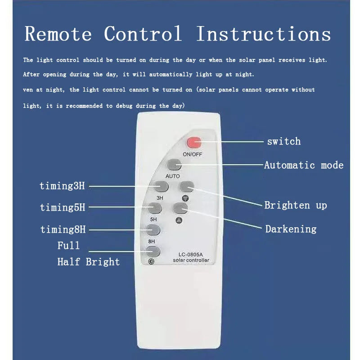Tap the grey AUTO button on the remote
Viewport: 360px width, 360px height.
coord(174,165)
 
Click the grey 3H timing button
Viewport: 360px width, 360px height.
coord(161,186)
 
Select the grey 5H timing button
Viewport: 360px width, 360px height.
coord(155,208)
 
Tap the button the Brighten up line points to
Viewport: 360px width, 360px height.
coord(187,186)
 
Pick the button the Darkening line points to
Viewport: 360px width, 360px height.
coord(180,208)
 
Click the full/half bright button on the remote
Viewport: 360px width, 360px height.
coord(153,252)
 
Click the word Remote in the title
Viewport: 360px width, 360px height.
coord(58,34)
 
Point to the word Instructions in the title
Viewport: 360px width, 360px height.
coord(264,34)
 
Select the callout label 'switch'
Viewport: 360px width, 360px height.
coord(284,141)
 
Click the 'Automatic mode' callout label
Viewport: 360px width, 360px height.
coord(304,165)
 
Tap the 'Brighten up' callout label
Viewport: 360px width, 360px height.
coord(296,205)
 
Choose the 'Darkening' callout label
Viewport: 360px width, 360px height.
coord(291,229)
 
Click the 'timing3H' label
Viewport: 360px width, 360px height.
coord(62,186)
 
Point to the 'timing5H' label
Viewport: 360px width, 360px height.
coord(63,207)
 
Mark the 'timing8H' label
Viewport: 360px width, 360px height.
coord(63,229)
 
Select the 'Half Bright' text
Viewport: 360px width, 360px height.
coord(89,262)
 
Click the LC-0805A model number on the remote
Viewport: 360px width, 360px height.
coord(191,254)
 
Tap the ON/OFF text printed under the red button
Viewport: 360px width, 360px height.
coord(193,154)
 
